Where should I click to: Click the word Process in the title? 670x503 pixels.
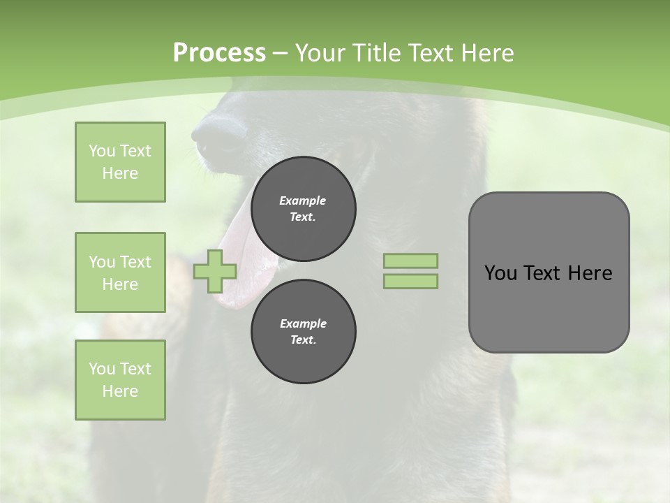click(x=219, y=53)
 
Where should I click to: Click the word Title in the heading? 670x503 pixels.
click(x=375, y=53)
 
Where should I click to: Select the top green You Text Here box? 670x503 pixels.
click(x=120, y=162)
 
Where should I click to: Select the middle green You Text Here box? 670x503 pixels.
click(x=120, y=272)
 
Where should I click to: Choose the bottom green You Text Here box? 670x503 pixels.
click(x=120, y=380)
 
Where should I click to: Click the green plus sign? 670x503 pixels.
click(x=215, y=271)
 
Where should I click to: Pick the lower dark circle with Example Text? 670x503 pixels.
click(x=303, y=332)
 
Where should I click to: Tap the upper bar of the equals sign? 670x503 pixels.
click(x=410, y=261)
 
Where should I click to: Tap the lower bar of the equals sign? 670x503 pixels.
click(x=410, y=282)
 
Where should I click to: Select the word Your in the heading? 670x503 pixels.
click(x=318, y=53)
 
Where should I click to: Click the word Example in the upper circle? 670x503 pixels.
click(x=303, y=201)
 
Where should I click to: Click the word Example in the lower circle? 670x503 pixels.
click(x=303, y=323)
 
